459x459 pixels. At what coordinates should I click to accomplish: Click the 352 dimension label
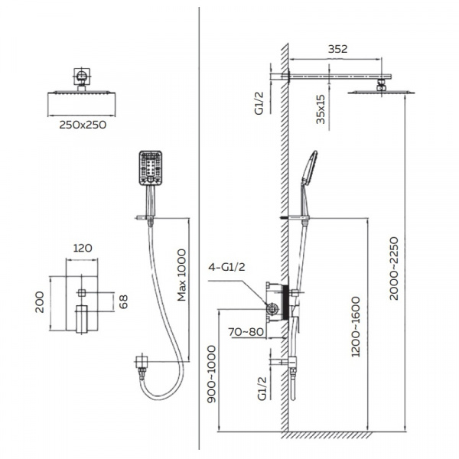[x=337, y=49]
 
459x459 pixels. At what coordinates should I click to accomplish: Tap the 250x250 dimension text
[x=83, y=125]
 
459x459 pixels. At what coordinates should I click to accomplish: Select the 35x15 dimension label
[x=321, y=109]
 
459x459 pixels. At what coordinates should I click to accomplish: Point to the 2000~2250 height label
[x=394, y=269]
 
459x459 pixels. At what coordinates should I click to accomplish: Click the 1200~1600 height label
[x=356, y=327]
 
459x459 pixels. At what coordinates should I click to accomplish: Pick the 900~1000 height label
[x=211, y=374]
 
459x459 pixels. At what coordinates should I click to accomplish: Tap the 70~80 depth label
[x=246, y=332]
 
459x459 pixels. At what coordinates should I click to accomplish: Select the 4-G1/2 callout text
[x=226, y=267]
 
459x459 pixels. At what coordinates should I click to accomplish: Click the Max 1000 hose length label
[x=181, y=275]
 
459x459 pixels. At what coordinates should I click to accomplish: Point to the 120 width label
[x=83, y=248]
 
